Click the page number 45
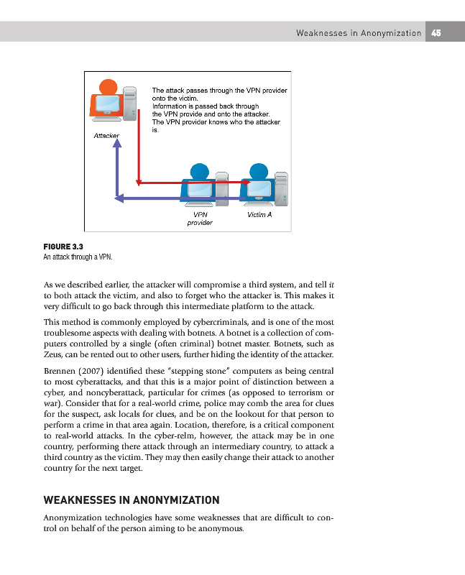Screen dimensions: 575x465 (436, 32)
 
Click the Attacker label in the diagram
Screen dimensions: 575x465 (106, 135)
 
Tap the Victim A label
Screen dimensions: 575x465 (259, 214)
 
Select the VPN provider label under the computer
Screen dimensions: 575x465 (200, 218)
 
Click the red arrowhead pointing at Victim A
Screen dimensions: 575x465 (246, 183)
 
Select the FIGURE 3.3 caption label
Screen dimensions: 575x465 (63, 246)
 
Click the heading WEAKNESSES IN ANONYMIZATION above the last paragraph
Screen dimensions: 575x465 (132, 500)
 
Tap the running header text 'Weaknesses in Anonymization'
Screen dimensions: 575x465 (359, 32)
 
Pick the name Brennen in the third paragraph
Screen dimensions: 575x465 (61, 371)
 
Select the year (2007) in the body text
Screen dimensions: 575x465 (95, 371)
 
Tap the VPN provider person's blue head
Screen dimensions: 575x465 (199, 170)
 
